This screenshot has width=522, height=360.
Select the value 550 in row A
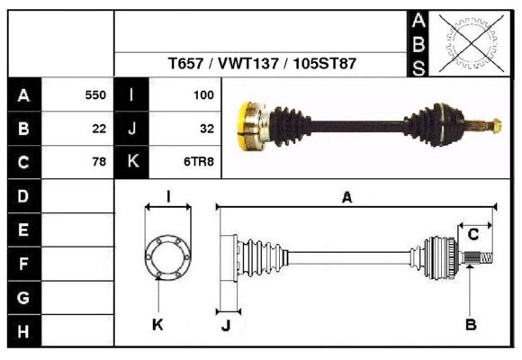(x=95, y=94)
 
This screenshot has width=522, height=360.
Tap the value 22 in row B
(x=99, y=129)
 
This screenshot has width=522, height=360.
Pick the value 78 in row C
(x=99, y=163)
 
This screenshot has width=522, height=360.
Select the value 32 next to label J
(x=206, y=129)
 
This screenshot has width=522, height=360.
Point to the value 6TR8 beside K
(x=200, y=163)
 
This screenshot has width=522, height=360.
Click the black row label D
(x=23, y=196)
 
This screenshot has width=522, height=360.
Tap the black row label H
(x=23, y=332)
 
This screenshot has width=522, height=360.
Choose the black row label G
(x=23, y=298)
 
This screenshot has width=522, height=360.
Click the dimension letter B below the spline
(x=470, y=324)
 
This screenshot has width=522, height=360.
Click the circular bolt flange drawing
(x=168, y=256)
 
